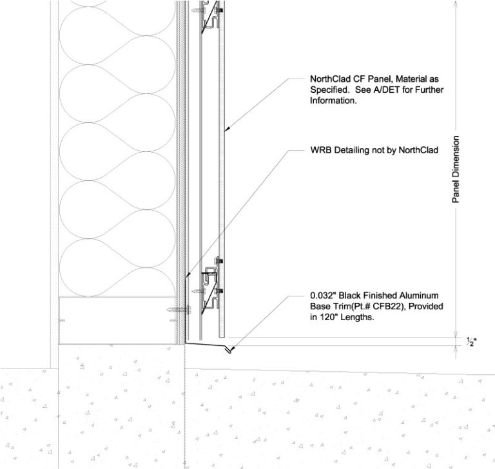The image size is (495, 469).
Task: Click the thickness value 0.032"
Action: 324,296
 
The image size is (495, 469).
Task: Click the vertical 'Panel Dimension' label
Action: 456,169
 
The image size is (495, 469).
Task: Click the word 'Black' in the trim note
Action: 351,296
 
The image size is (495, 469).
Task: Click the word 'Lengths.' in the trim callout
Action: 359,317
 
